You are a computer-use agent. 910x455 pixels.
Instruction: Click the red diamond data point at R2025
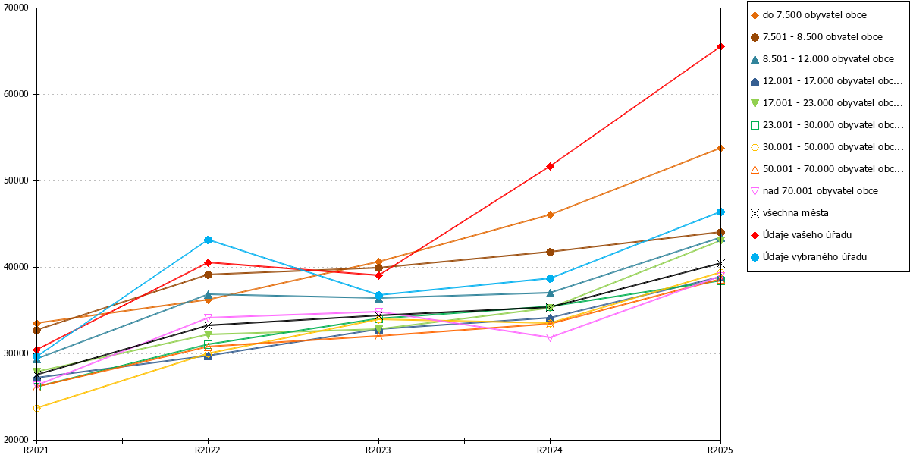point(720,47)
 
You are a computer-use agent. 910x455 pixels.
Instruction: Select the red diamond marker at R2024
point(550,166)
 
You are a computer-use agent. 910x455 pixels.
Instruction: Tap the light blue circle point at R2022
point(208,240)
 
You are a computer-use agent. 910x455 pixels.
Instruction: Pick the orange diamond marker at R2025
point(720,149)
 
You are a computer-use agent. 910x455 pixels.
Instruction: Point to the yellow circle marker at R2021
point(36,408)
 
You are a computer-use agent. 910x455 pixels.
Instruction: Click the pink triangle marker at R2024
point(550,337)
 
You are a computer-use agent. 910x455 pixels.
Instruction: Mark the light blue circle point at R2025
point(720,212)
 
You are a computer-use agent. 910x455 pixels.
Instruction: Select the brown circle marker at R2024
point(550,253)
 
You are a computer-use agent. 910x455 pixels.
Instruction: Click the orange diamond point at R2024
point(550,215)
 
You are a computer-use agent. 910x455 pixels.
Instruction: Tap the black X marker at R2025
point(720,264)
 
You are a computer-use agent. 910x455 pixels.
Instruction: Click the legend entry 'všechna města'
point(795,213)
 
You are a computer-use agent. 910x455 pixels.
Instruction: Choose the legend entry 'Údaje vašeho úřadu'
point(807,235)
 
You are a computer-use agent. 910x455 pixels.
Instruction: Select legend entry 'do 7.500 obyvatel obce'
point(814,15)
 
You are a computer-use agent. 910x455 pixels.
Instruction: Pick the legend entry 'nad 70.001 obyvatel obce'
point(821,191)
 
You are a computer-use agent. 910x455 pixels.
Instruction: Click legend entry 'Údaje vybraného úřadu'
point(814,257)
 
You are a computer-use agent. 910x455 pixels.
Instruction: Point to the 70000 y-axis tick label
point(16,8)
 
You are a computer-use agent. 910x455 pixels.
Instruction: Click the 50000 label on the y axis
point(16,180)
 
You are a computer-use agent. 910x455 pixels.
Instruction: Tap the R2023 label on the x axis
point(378,450)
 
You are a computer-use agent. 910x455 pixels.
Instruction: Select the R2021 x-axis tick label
point(36,450)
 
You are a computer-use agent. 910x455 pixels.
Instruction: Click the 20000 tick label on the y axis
point(16,440)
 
